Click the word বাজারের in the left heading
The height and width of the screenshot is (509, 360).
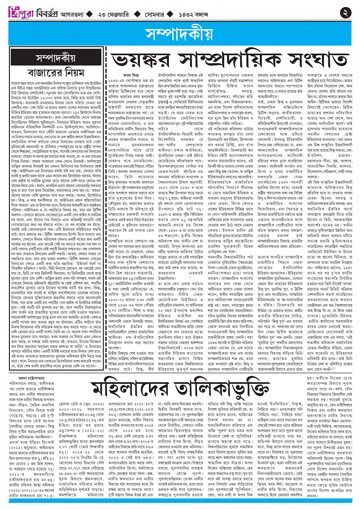pyautogui.click(x=41, y=72)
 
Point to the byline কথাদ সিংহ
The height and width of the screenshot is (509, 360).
pyautogui.click(x=131, y=75)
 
